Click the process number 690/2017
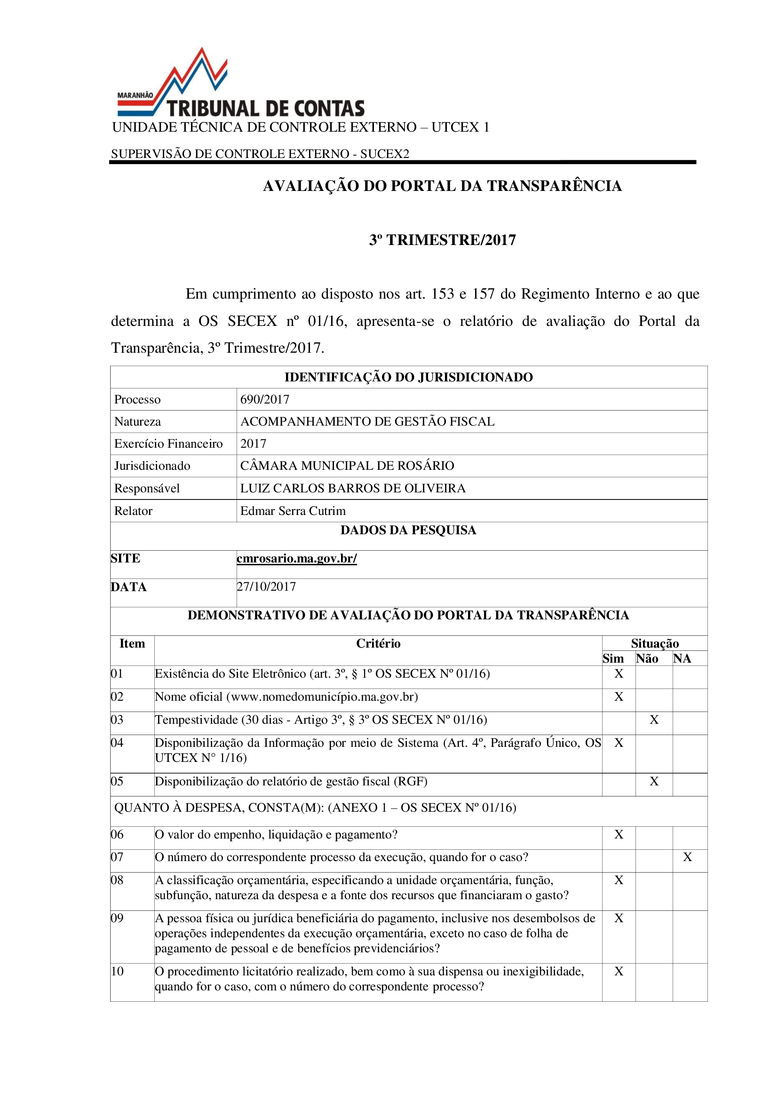coord(264,399)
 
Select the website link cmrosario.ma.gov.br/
coord(296,559)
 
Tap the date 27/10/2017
coord(266,586)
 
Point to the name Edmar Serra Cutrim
coord(293,511)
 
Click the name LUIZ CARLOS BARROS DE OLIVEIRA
coord(353,488)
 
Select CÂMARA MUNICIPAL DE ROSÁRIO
coord(347,466)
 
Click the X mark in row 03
coord(654,720)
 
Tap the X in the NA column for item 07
coord(688,857)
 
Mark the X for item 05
coord(654,782)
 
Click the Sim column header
coord(613,659)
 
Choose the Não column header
coord(647,659)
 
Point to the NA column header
coord(682,659)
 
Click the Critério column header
coord(378,643)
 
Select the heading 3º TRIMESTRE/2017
coord(442,239)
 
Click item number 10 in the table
coord(118,971)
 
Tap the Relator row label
coord(133,511)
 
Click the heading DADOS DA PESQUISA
coord(408,530)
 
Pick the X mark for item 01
coord(619,673)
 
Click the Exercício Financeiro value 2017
coord(253,443)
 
